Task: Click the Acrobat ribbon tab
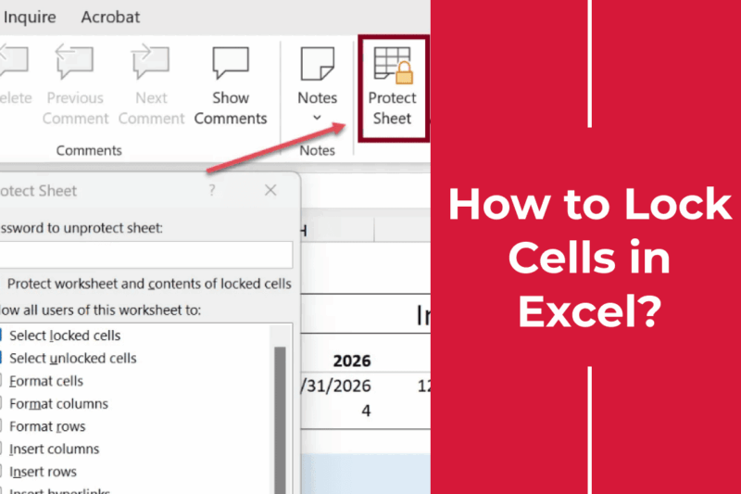coord(110,17)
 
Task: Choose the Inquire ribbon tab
coord(30,17)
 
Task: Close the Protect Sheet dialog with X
coord(270,190)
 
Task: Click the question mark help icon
coord(212,190)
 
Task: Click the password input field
coord(145,255)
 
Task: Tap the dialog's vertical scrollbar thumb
coord(280,417)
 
